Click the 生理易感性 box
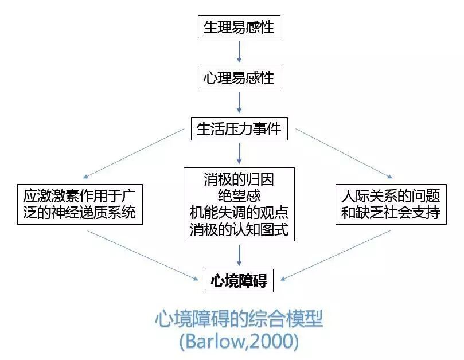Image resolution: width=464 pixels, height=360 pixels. [x=239, y=27]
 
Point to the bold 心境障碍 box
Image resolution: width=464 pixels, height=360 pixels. [x=239, y=281]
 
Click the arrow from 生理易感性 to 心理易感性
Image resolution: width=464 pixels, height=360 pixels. [x=239, y=52]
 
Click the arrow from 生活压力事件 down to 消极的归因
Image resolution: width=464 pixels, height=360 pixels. [x=239, y=153]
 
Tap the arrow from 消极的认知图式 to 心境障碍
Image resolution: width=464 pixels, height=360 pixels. [x=239, y=255]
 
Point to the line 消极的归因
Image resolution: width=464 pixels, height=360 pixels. [x=239, y=179]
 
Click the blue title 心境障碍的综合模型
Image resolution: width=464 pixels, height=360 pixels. [x=239, y=319]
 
